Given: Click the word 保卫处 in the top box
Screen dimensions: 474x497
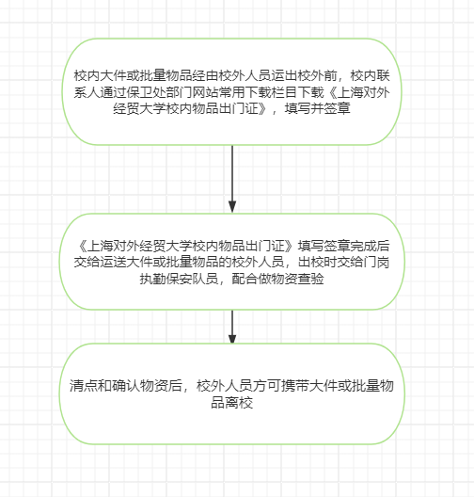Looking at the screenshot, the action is (147, 92).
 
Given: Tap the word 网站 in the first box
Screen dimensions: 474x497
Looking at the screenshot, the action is (206, 92).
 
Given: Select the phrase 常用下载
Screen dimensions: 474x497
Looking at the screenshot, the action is (245, 92).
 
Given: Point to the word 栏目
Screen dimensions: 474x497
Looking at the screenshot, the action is (284, 92).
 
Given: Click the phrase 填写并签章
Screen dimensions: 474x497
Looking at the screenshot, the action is (318, 109).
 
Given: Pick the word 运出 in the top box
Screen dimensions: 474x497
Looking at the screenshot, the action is (284, 75).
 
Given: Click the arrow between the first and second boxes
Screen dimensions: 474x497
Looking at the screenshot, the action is (232, 179).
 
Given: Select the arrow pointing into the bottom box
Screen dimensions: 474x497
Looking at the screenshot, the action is (232, 327).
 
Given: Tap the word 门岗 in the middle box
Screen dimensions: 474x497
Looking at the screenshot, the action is (376, 263).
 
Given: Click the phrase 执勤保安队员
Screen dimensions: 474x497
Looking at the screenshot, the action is (180, 279).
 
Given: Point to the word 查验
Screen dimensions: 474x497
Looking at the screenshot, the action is (310, 279).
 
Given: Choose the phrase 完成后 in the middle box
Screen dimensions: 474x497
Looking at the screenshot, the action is (370, 246).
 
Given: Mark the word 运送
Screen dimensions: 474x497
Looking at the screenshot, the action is (114, 263).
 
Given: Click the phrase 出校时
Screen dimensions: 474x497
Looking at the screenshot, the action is (318, 263).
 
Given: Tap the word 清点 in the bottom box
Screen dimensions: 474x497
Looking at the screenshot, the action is (83, 386).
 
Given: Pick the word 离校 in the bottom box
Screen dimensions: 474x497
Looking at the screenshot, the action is (239, 403).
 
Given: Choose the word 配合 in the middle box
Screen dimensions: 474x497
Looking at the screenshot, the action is (245, 279).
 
